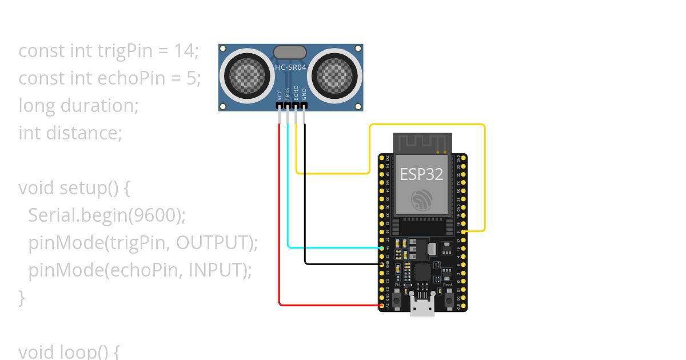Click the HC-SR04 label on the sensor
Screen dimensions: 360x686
290,67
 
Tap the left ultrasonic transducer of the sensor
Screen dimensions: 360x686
247,74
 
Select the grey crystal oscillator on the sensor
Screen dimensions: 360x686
290,53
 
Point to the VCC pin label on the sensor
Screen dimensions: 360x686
280,94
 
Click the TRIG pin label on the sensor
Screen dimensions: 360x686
288,93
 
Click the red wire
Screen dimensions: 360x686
280,229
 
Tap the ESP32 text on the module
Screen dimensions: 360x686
421,174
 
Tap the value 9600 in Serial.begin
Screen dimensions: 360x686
154,215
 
